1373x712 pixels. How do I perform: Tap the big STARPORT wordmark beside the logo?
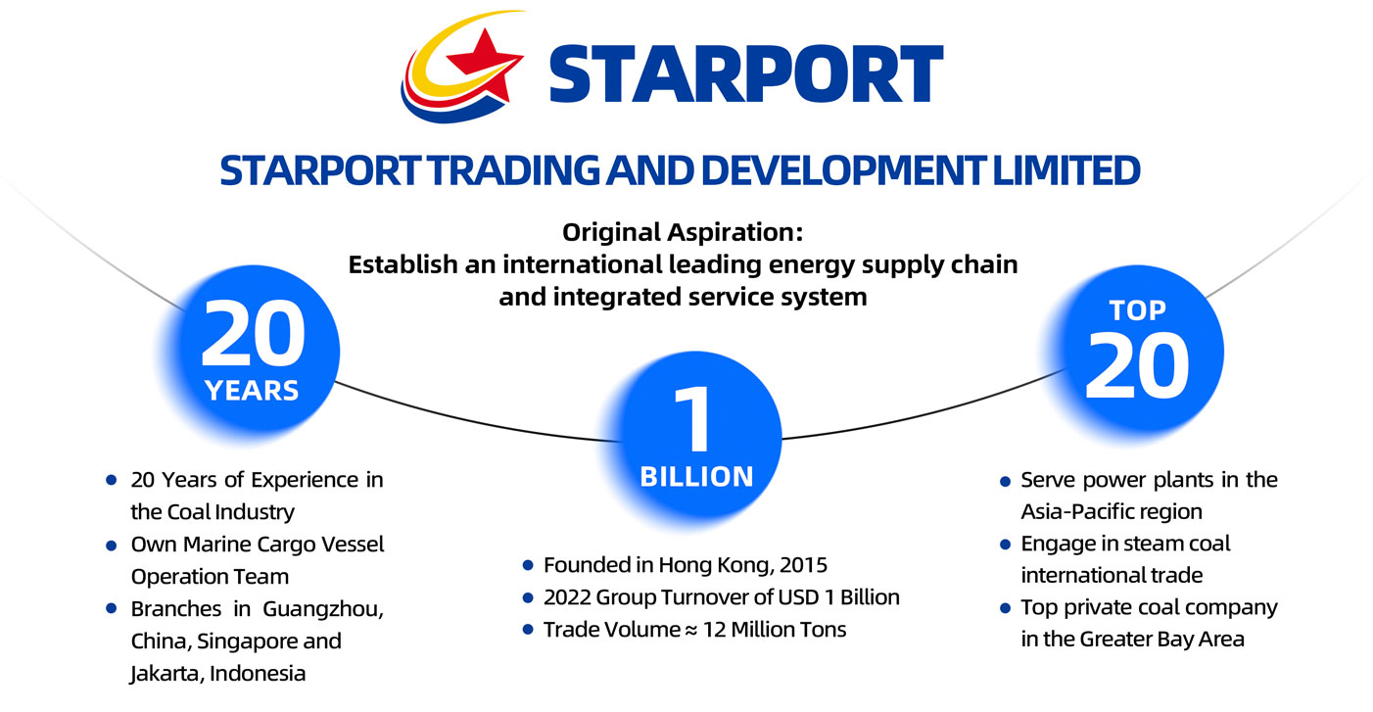coord(745,74)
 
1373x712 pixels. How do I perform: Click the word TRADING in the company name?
coord(513,170)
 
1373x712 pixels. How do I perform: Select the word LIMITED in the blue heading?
coord(1065,170)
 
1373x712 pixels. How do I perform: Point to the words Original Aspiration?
coord(683,232)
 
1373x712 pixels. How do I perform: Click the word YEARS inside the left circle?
coord(252,391)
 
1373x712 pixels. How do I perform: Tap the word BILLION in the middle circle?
coord(696,477)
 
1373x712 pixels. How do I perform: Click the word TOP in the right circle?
coord(1137,310)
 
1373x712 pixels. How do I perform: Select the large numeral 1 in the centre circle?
coord(693,420)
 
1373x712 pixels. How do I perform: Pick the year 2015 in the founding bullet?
coord(803,565)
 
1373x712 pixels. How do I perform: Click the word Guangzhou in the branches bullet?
coord(323,610)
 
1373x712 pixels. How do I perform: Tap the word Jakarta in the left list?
coord(166,674)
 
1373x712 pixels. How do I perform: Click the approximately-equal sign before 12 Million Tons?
coord(690,631)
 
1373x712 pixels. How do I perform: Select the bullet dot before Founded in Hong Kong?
coord(528,565)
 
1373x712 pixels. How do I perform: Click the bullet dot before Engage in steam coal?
coord(1005,545)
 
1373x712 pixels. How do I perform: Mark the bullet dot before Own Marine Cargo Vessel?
coord(111,545)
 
